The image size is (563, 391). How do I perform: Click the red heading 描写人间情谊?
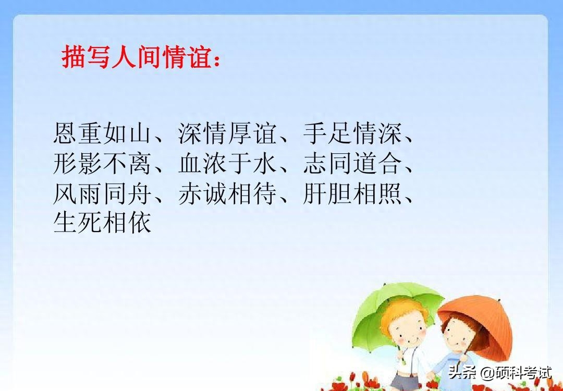coord(137,57)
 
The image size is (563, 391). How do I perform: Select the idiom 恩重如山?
coord(102,133)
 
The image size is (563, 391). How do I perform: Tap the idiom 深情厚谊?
coord(227,133)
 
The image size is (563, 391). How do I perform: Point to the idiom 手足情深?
coord(352,133)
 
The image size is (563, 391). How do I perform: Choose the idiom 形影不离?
coord(102,164)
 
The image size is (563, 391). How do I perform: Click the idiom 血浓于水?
coord(227,164)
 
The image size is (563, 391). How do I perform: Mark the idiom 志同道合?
coord(352,164)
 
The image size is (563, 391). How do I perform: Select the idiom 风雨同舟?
coord(102,194)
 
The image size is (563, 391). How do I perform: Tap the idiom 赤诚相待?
coord(227,194)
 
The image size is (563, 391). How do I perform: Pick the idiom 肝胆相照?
coord(352,194)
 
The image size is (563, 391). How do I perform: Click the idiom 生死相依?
coord(102,223)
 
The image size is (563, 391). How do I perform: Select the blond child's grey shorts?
coord(405,381)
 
